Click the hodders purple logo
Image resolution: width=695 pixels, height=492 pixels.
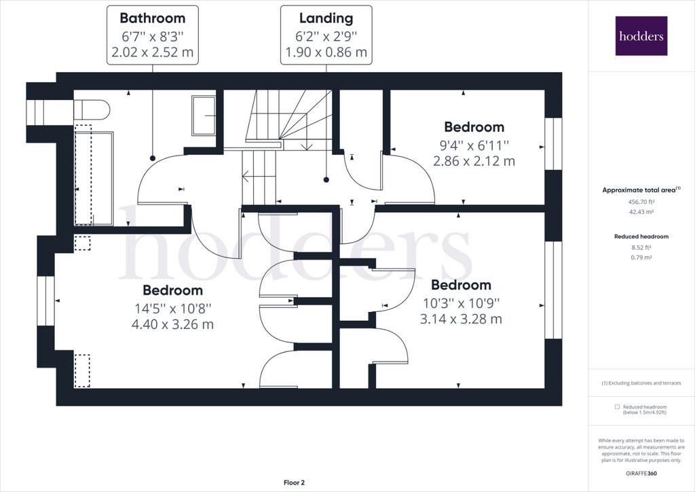[641, 35]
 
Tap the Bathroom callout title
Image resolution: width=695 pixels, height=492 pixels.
[153, 18]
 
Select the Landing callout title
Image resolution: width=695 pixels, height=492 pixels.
[326, 18]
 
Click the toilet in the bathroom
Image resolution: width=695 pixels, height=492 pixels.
[91, 109]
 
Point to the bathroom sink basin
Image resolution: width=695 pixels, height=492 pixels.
[204, 116]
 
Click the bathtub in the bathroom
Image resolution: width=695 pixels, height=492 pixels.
[94, 178]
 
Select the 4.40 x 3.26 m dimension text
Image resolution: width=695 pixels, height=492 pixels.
[172, 324]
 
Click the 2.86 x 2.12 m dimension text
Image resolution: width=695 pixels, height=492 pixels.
[474, 161]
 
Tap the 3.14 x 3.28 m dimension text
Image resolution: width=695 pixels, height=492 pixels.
[461, 319]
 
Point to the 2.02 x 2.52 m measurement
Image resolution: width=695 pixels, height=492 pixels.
[153, 52]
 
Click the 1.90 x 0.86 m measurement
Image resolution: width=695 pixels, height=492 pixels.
[326, 52]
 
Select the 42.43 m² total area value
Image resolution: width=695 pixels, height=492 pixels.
[641, 211]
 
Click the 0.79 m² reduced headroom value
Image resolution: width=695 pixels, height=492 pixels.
[641, 258]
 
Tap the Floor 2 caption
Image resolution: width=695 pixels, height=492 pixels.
[295, 482]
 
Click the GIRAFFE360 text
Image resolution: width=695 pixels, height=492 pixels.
[641, 474]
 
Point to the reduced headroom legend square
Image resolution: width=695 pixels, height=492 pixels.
[617, 407]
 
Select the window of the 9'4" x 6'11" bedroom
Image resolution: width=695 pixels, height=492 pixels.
[553, 144]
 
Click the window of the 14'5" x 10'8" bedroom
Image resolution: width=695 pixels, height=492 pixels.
[45, 301]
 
